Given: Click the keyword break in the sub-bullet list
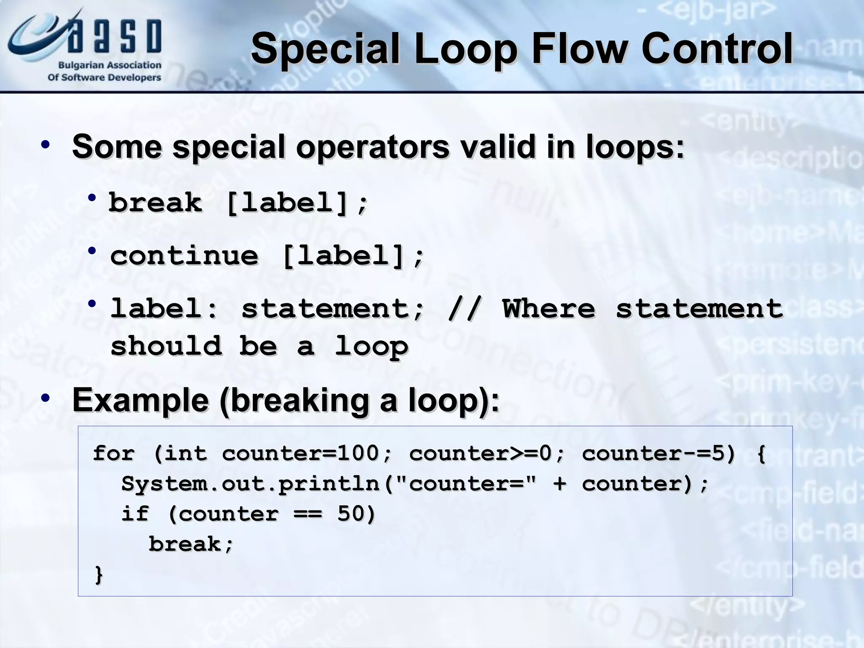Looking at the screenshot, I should click(x=155, y=202).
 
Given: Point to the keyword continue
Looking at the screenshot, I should click(x=184, y=256).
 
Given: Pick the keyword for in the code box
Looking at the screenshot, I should click(x=113, y=454).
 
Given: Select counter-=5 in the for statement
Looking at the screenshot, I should click(x=658, y=454).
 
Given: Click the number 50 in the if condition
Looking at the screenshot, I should click(x=351, y=514).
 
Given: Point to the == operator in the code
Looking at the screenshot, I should click(x=308, y=514).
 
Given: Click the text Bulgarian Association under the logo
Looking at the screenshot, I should click(x=109, y=65).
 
